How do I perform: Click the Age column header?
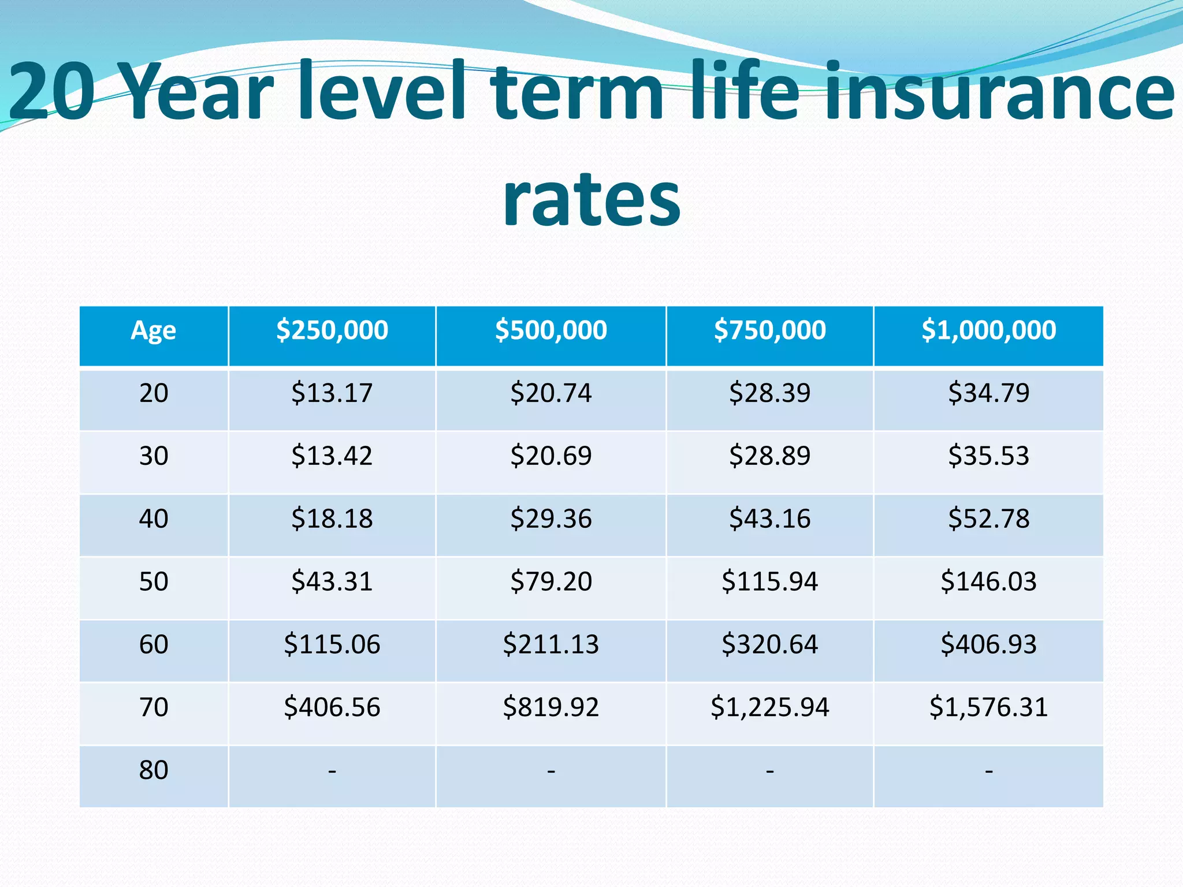point(153,331)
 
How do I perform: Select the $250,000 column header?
point(332,330)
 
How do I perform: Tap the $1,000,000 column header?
point(988,330)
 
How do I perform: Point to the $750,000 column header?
point(769,330)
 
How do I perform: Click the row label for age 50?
point(154,582)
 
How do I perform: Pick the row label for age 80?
point(154,770)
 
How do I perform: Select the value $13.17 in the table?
point(332,393)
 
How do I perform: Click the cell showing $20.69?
point(550,456)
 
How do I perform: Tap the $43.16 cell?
point(769,519)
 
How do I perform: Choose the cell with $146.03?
point(988,582)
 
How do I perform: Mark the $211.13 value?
point(550,644)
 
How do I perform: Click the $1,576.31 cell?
point(988,707)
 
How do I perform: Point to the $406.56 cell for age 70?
point(332,707)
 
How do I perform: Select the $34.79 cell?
point(988,393)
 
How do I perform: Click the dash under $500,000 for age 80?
point(550,770)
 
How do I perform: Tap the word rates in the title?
point(591,199)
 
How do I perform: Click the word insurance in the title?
point(999,92)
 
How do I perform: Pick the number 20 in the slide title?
point(52,92)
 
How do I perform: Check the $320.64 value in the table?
point(769,644)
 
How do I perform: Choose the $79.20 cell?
point(550,582)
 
